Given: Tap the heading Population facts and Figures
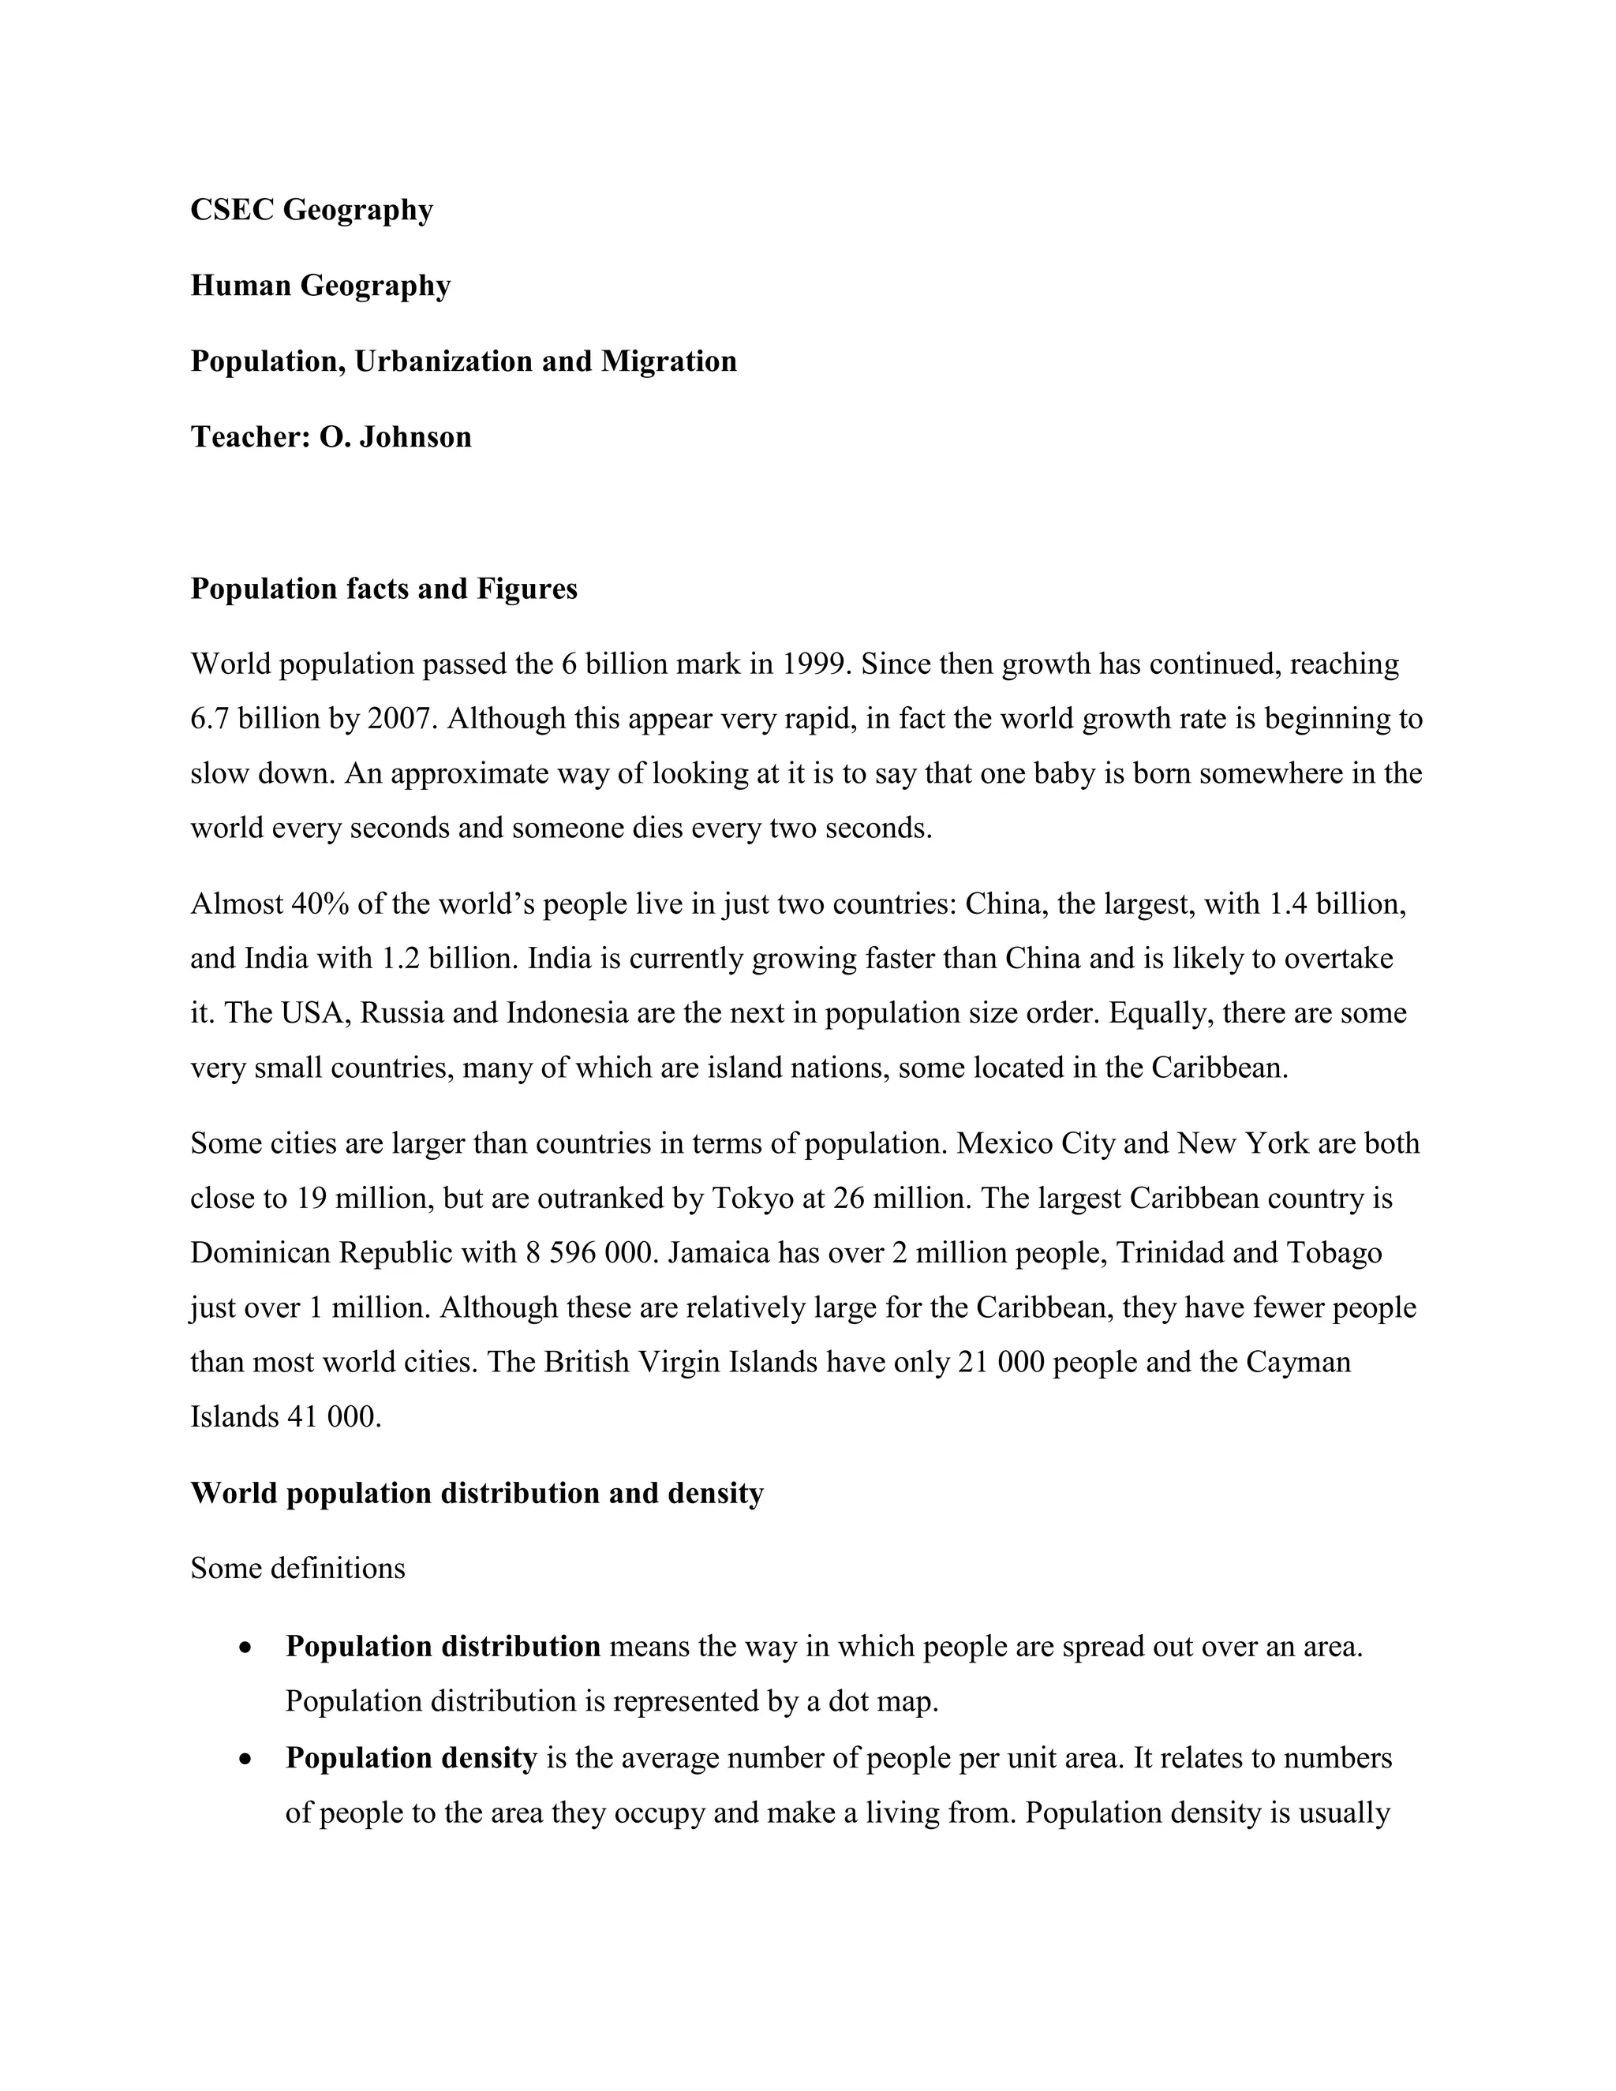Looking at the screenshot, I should [384, 589].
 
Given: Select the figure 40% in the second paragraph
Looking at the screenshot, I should [320, 903].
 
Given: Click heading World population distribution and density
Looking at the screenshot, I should [477, 1494].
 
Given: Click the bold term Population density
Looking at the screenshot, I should [410, 1758].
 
